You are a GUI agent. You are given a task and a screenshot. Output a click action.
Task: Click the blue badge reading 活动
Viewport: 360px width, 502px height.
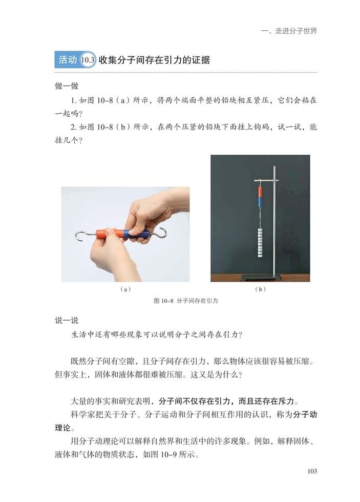click(x=67, y=60)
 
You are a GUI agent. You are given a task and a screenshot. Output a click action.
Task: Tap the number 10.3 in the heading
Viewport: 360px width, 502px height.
click(x=89, y=60)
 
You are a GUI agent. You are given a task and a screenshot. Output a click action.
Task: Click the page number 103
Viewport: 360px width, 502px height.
click(x=310, y=471)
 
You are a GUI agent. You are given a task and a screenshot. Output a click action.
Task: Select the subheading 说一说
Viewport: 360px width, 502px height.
click(x=67, y=321)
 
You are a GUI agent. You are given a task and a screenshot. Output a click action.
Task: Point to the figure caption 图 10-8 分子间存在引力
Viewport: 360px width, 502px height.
click(x=186, y=301)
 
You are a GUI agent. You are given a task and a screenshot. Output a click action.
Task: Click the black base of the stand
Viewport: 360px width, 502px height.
click(x=266, y=278)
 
